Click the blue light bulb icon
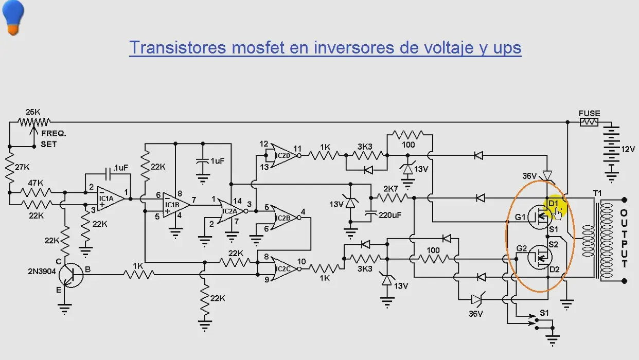[x=13, y=17]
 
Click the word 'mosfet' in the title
[x=258, y=47]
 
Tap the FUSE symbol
[x=589, y=122]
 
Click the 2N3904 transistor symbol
[x=71, y=275]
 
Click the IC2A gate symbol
[x=231, y=211]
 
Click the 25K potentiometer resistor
[x=34, y=122]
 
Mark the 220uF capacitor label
[x=389, y=215]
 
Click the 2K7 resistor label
[x=390, y=189]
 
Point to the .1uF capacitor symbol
[x=108, y=174]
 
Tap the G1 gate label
[x=520, y=218]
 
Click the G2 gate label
[x=522, y=248]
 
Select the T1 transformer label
[x=597, y=193]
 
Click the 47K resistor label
[x=35, y=183]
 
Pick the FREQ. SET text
[x=54, y=139]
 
